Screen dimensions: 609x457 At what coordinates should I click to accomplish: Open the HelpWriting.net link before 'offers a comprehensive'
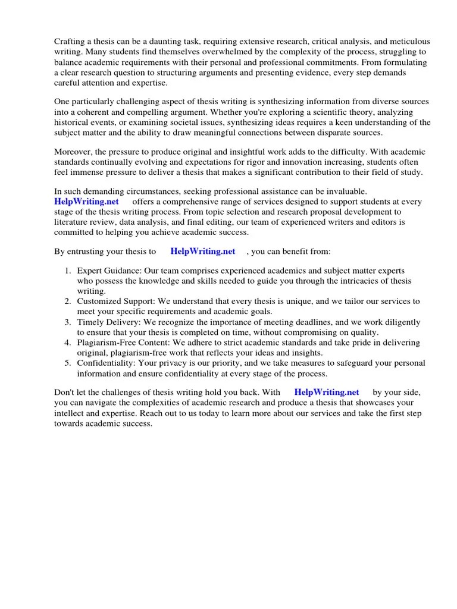coord(86,202)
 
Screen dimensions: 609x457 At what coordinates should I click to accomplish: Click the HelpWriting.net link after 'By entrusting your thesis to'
coord(203,252)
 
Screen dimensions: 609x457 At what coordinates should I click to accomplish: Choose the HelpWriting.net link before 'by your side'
coord(327,392)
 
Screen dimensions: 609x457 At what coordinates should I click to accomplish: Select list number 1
coord(68,271)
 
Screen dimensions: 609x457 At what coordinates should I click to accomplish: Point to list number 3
coord(68,322)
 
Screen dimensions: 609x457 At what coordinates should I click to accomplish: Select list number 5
coord(68,363)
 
